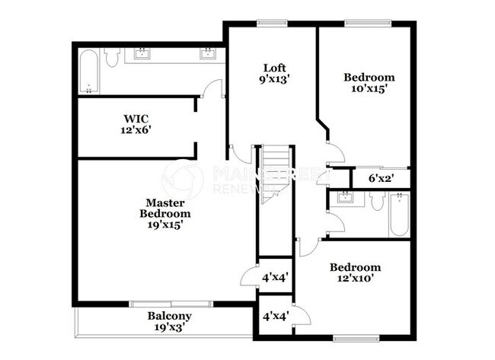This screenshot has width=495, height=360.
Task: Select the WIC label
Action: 137,118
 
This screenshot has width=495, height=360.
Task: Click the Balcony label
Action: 169,316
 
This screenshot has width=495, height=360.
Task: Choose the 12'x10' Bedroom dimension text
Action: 355,279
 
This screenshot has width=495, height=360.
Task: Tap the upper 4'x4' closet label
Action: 274,278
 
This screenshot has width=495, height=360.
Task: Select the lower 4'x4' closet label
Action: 275,316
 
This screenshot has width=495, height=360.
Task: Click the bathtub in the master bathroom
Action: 88,71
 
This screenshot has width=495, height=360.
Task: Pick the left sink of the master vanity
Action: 142,53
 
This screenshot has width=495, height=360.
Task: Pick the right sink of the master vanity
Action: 206,53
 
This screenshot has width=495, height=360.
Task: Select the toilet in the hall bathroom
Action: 377,202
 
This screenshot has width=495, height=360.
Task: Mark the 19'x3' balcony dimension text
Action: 169,328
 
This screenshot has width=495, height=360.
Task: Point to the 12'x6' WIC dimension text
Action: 137,130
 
